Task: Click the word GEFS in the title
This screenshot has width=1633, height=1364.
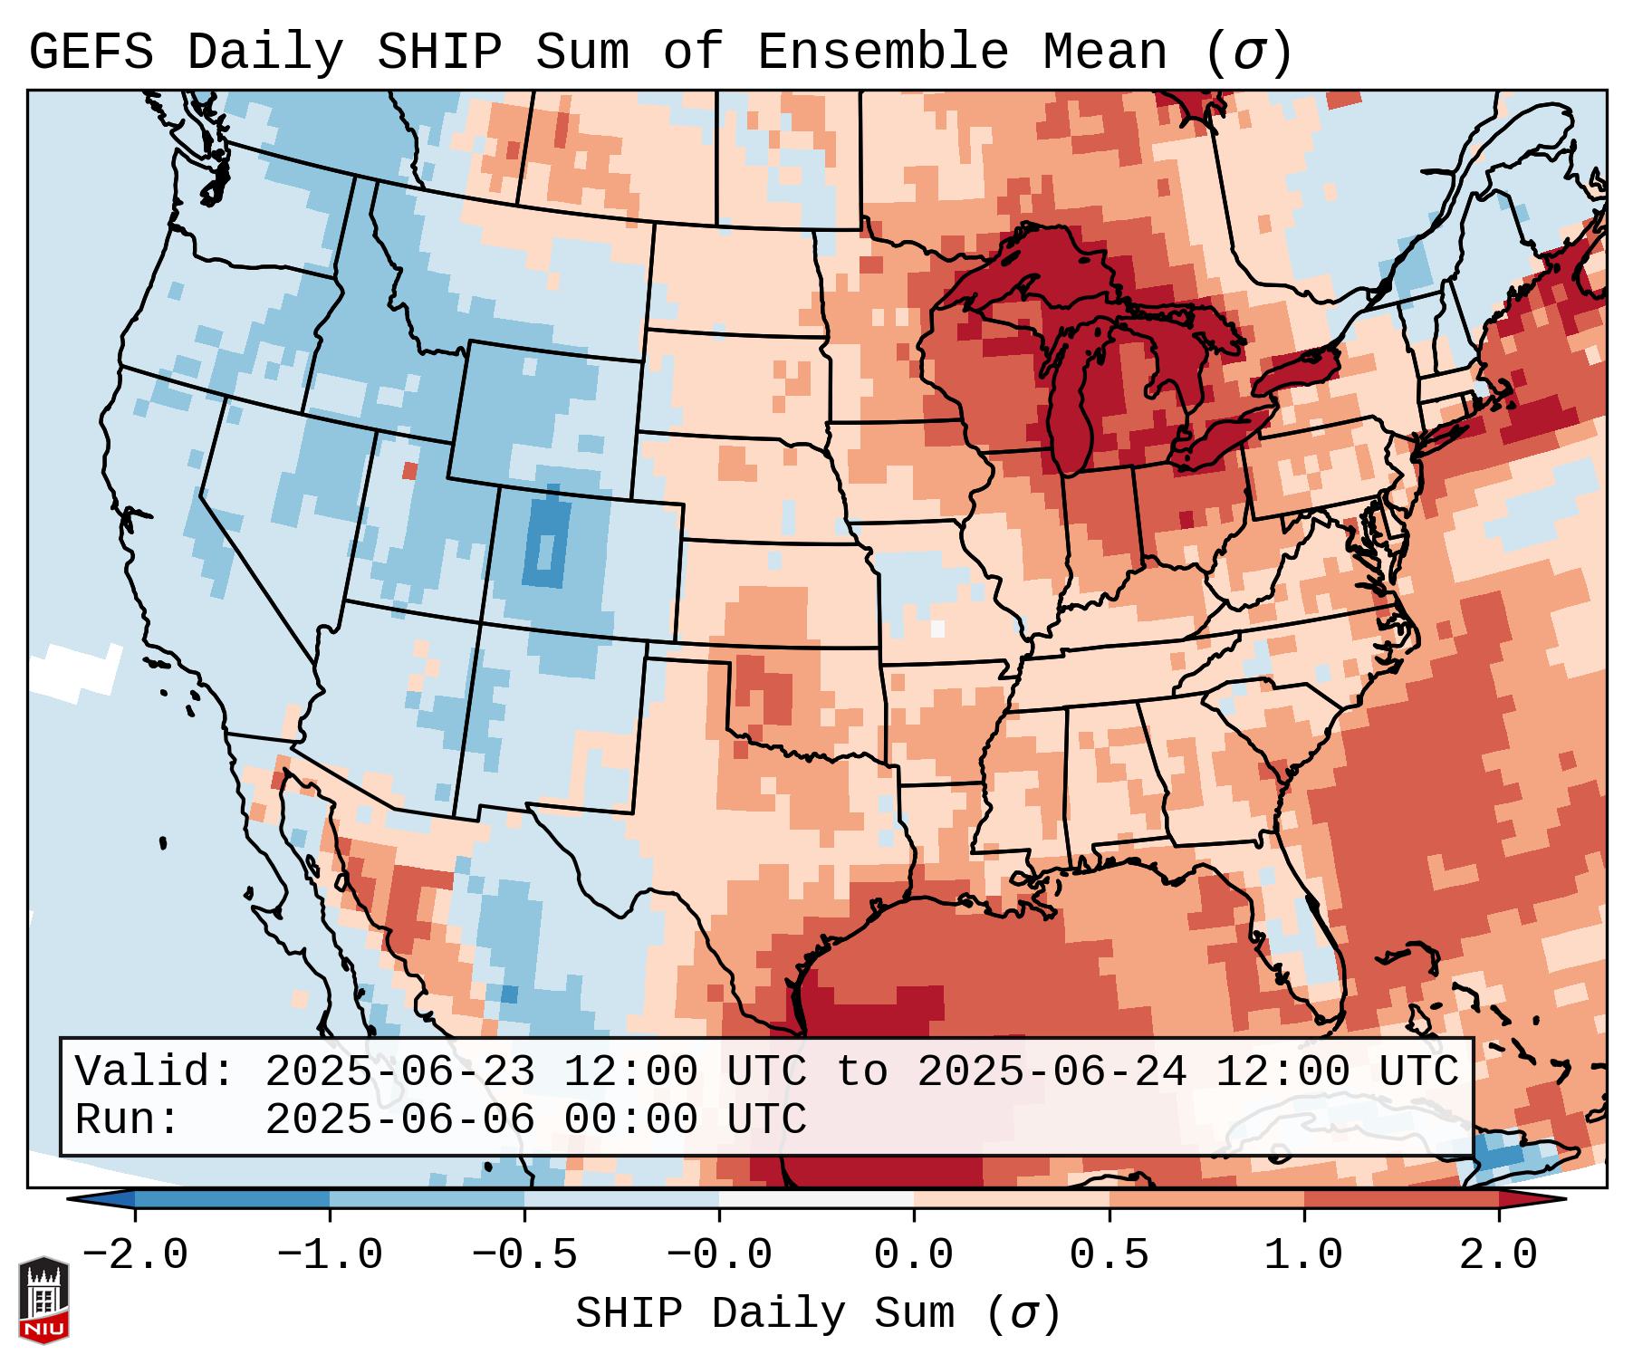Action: coord(91,53)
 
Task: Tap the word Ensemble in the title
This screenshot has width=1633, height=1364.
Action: coord(882,53)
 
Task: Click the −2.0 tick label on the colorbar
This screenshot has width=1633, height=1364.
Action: coord(135,1255)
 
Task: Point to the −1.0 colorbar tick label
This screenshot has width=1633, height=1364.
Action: coord(330,1255)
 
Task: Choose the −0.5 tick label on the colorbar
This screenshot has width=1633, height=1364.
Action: coord(524,1255)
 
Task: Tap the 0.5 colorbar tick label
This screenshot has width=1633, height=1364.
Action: coord(1109,1255)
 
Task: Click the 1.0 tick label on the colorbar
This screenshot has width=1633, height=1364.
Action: coord(1303,1255)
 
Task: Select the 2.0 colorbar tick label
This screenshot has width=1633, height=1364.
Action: coord(1498,1255)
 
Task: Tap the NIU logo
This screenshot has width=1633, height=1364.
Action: coord(43,1300)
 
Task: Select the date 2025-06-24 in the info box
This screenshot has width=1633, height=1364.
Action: coord(1052,1072)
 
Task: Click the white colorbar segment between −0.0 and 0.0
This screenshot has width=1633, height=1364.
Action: coord(816,1199)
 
